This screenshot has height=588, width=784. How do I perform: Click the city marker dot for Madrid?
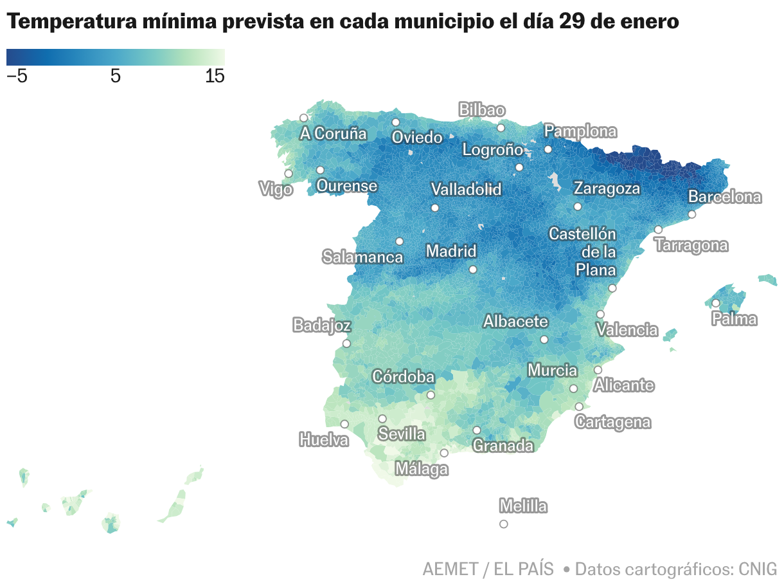click(473, 270)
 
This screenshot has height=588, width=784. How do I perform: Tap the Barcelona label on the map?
click(724, 197)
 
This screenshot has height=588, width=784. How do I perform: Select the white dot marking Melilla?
click(503, 524)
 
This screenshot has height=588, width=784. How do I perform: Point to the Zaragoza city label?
click(607, 188)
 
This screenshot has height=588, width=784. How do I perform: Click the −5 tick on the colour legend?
click(17, 77)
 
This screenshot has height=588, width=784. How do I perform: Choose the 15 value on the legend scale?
click(215, 77)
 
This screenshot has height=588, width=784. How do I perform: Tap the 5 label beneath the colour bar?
click(116, 77)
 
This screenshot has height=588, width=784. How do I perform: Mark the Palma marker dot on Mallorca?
click(715, 303)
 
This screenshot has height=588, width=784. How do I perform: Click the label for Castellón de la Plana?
click(582, 252)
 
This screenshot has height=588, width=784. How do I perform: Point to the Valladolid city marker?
click(435, 208)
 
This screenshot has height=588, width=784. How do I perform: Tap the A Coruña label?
click(333, 134)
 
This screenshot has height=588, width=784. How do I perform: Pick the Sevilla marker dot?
click(382, 419)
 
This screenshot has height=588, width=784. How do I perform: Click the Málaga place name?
click(421, 469)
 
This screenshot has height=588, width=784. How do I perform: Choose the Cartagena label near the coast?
click(612, 423)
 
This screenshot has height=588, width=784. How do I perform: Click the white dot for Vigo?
click(289, 174)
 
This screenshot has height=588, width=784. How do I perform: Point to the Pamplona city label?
click(580, 132)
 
